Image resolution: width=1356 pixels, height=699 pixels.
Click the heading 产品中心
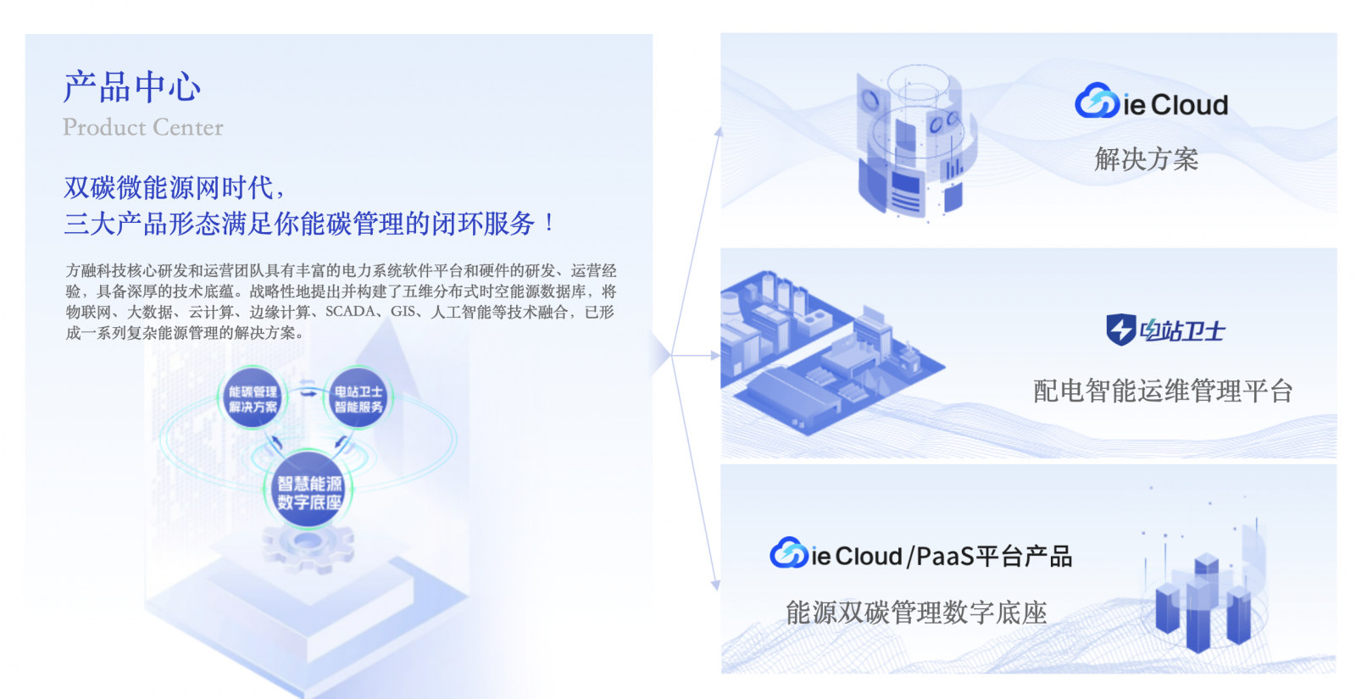pos(132,87)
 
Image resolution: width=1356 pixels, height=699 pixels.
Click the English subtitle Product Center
pos(142,127)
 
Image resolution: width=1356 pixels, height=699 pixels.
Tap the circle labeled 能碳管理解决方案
pos(253,399)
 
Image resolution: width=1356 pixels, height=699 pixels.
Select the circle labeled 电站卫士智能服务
pos(358,399)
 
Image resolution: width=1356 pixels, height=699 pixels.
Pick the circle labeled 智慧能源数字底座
pos(309,492)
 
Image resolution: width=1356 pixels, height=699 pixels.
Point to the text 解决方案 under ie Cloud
pos(1146,159)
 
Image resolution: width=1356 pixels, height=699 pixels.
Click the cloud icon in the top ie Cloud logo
pos(1097,102)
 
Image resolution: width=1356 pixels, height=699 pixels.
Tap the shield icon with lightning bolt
pos(1120,330)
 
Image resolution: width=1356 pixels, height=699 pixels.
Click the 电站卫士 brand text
pos(1182,330)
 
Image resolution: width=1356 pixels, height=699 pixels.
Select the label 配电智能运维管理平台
pos(1163,391)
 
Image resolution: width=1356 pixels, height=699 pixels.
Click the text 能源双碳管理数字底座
pos(916,612)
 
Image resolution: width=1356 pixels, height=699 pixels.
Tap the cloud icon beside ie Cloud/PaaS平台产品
pos(788,553)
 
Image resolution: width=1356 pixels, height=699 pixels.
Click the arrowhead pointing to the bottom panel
pos(715,585)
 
